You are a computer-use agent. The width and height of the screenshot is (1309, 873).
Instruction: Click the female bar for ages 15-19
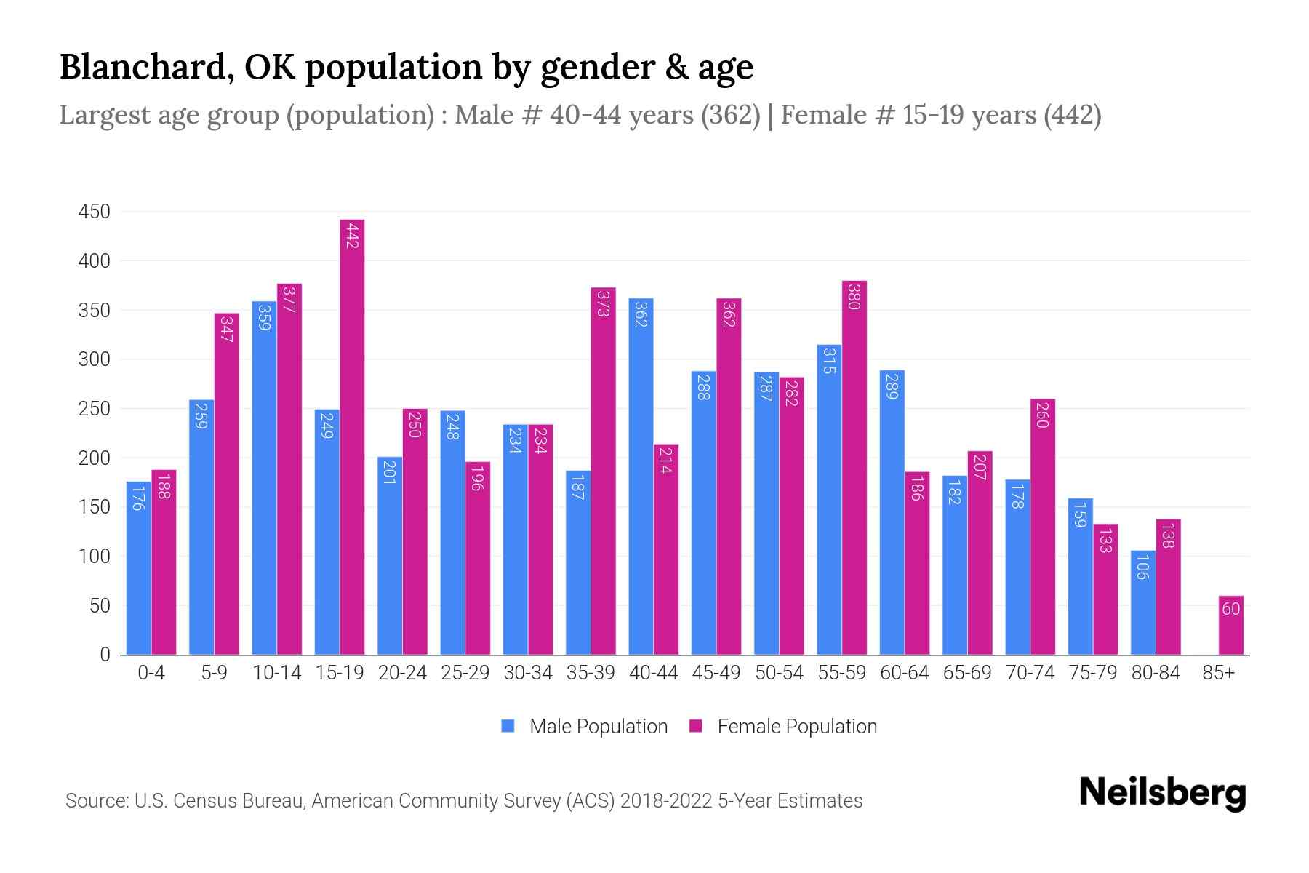click(352, 436)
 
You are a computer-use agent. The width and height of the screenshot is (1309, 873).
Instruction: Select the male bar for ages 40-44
click(641, 477)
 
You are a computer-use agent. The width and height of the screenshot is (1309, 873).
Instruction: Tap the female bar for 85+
click(1230, 626)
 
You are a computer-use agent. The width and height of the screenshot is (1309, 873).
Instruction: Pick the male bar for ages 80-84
click(1142, 602)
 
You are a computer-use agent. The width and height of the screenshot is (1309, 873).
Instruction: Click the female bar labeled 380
click(854, 468)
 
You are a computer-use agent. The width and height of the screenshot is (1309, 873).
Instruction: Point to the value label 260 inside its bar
click(1042, 415)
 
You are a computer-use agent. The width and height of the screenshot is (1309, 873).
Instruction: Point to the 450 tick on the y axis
click(94, 212)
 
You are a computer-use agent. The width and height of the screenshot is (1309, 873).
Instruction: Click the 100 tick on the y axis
click(94, 557)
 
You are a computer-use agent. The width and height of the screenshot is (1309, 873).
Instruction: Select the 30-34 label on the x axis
click(527, 673)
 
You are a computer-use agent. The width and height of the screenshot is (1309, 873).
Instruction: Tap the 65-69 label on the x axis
click(966, 673)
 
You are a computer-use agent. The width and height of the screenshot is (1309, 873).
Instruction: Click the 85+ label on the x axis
click(1218, 673)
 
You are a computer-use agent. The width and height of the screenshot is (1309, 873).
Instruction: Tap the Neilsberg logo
click(1162, 793)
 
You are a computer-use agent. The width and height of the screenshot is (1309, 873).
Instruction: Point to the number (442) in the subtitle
click(1072, 115)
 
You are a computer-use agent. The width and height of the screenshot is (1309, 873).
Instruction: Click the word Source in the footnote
click(95, 801)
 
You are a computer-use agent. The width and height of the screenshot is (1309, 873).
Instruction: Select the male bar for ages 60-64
click(892, 513)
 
